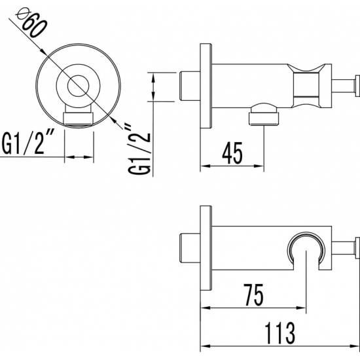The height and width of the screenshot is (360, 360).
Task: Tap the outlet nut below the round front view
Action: pos(79,119)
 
